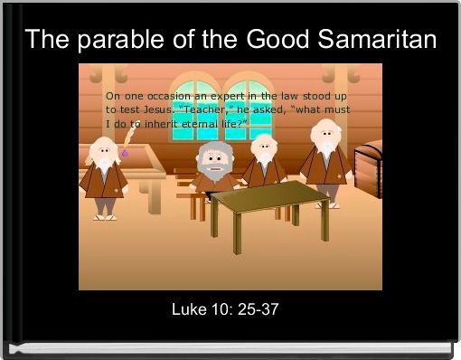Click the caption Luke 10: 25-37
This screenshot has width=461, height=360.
pos(225,310)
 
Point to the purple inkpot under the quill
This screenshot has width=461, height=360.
pos(125,153)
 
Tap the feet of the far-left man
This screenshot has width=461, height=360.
pos(104,216)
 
